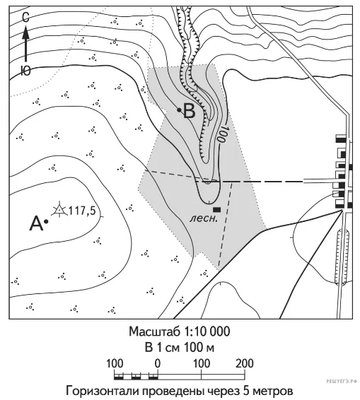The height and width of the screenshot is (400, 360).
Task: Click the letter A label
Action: (36, 223)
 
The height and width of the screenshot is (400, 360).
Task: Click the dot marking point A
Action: (46, 222)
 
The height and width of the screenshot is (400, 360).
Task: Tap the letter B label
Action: (189, 112)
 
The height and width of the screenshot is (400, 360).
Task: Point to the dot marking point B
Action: (179, 110)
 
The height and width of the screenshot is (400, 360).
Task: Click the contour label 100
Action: (221, 134)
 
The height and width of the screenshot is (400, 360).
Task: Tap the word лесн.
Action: (204, 218)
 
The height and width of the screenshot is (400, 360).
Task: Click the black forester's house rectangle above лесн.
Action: (217, 209)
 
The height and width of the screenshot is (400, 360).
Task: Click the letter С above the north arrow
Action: (25, 18)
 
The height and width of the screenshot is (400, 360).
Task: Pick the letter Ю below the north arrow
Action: (25, 70)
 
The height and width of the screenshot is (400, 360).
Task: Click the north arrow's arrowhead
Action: (25, 33)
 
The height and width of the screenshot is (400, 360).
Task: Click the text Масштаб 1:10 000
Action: (179, 331)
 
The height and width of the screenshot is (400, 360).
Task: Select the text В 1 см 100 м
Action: (179, 348)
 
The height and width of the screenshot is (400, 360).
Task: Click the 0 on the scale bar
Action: (158, 363)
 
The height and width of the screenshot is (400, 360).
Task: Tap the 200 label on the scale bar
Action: (245, 363)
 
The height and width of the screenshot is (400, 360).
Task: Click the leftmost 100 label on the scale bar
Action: (115, 363)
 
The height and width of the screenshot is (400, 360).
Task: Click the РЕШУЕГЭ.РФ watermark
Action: (342, 381)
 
